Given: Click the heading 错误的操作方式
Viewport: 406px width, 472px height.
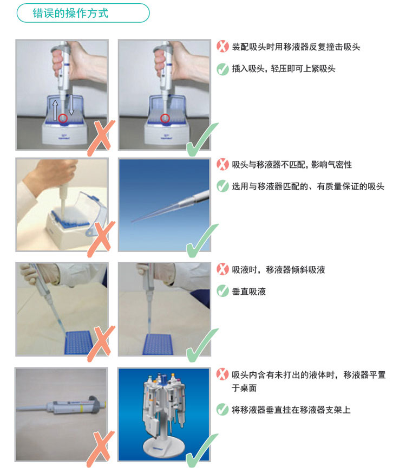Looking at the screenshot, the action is (70, 13).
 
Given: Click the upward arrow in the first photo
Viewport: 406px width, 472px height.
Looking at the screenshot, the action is (55, 110).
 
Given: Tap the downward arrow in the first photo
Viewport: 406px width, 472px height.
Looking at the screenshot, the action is (71, 105).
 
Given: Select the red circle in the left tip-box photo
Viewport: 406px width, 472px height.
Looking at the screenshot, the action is (63, 118).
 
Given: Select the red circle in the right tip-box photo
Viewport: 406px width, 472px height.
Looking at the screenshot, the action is (165, 118).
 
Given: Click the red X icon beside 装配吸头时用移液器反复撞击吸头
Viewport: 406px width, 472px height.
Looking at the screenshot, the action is (222, 47).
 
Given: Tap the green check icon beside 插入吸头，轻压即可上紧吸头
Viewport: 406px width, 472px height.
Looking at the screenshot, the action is (222, 69).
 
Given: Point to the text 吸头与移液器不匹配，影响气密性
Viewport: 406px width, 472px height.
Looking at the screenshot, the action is (292, 165).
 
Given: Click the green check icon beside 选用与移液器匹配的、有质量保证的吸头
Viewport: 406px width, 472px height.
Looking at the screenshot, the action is (222, 186).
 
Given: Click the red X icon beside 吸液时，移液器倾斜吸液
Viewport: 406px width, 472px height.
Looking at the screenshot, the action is (222, 269).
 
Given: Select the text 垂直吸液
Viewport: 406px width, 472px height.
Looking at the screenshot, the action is (248, 292).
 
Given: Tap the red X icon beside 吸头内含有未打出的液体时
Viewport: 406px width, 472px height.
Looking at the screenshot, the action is (222, 374).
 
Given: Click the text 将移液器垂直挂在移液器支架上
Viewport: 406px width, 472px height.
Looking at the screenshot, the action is (291, 410).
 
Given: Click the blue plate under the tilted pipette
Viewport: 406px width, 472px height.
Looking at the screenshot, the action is (78, 342).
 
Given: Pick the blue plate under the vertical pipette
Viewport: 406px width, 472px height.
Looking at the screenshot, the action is (158, 344).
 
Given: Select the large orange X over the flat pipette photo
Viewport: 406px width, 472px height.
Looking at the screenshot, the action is (101, 449).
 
